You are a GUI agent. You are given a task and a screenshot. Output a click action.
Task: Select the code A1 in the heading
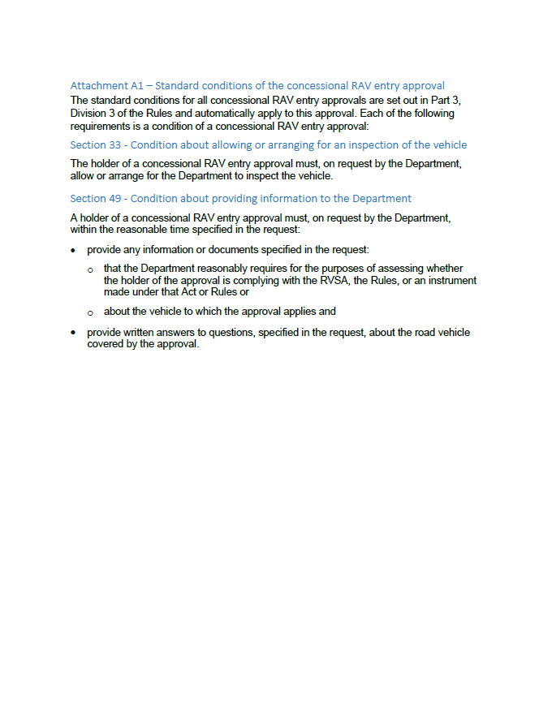tap(138, 85)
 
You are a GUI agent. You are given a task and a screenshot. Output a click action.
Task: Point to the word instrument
tap(449, 280)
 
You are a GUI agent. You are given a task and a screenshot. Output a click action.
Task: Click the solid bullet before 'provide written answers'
tap(74, 333)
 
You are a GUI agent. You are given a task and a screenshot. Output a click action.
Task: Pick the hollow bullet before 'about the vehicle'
tap(90, 312)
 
